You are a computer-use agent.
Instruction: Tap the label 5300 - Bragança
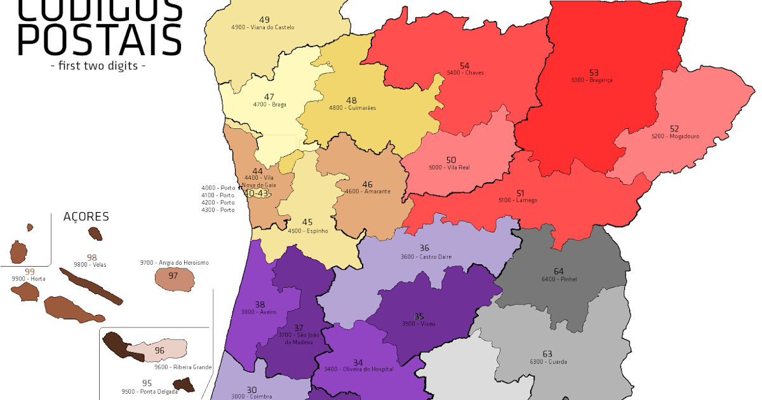(x=592, y=81)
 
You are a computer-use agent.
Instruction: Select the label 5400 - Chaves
(x=465, y=73)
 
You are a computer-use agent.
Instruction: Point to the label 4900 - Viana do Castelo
(x=263, y=27)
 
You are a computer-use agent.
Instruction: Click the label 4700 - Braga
(x=269, y=105)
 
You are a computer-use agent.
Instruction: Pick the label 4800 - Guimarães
(x=352, y=108)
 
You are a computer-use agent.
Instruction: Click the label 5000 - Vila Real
(x=450, y=168)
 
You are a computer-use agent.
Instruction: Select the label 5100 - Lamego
(x=518, y=201)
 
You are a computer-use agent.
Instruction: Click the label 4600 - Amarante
(x=367, y=192)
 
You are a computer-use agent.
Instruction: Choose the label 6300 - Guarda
(x=548, y=362)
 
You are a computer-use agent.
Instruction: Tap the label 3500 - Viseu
(x=418, y=324)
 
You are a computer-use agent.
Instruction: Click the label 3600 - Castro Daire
(x=424, y=257)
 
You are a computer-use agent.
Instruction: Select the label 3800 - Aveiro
(x=259, y=312)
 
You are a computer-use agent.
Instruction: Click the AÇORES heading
(x=86, y=217)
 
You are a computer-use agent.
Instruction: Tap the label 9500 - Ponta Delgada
(x=147, y=391)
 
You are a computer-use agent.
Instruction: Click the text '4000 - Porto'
(x=218, y=188)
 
